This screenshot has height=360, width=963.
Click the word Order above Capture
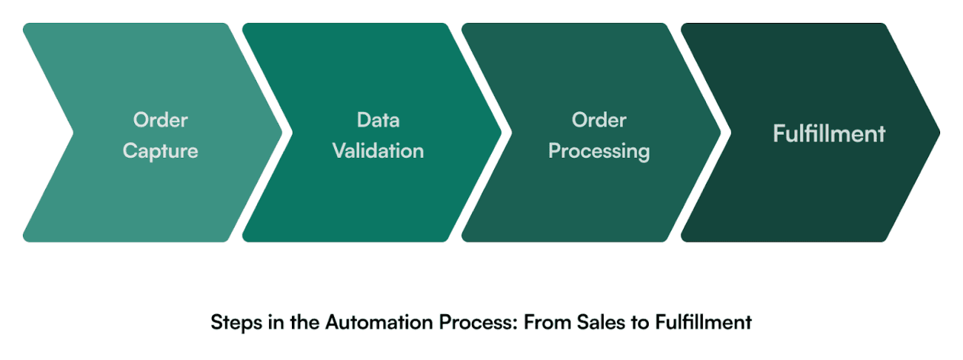point(161,119)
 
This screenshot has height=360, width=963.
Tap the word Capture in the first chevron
point(161,151)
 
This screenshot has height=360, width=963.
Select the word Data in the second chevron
point(378,119)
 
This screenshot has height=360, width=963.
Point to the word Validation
point(378,151)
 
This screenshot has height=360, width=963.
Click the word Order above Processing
point(599,119)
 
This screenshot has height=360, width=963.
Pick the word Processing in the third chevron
point(599,151)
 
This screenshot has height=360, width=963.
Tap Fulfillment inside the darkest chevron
point(829,133)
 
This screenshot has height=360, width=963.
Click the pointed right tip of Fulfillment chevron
point(938,133)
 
